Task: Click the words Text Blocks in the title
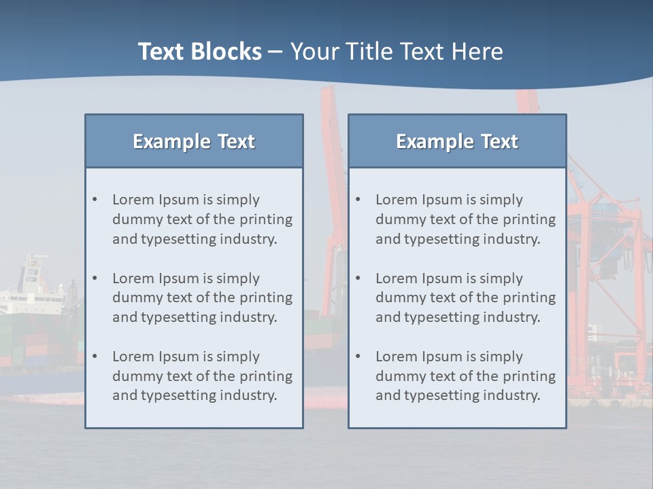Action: coord(199,52)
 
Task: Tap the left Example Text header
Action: coord(194,141)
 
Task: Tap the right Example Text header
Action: coord(457,141)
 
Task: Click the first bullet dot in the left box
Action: coord(95,200)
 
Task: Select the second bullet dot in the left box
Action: coord(95,278)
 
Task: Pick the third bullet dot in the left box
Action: coord(95,357)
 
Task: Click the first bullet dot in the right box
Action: coord(358,200)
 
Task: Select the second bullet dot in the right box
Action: coord(358,278)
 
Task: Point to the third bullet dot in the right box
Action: coord(358,357)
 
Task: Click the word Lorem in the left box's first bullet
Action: coord(133,200)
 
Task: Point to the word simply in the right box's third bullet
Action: coord(501,357)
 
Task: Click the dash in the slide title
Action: coord(275,52)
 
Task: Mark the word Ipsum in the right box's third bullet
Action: coord(443,357)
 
